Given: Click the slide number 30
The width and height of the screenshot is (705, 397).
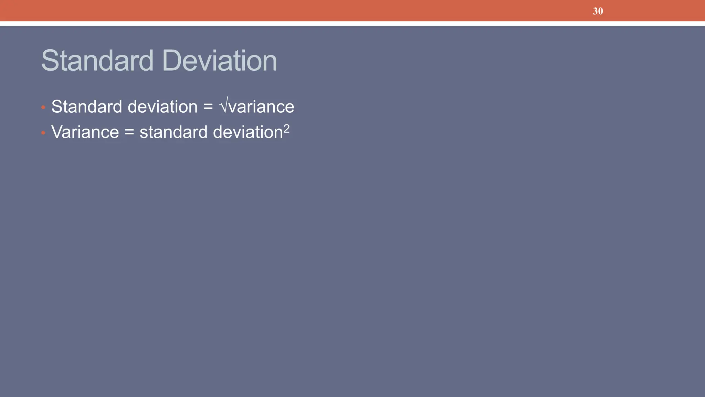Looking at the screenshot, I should [598, 11].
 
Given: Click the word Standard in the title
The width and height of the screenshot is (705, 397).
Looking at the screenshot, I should [97, 61].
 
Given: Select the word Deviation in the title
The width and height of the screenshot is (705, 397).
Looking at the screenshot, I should [219, 61].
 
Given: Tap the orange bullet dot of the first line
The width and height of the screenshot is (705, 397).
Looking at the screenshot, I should [43, 108].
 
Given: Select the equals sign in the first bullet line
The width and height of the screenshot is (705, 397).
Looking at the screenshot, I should [208, 107].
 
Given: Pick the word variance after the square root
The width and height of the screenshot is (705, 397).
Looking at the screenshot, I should [262, 107].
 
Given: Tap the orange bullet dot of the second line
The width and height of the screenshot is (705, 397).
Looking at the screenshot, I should [43, 133].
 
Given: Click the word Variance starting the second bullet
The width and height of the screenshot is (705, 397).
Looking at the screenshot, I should [85, 132].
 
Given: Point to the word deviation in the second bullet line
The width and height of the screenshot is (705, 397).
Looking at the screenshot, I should [248, 132].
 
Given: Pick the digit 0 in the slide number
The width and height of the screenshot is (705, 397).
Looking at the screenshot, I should [600, 11].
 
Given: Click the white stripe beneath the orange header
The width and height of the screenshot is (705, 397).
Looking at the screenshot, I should [352, 24].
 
